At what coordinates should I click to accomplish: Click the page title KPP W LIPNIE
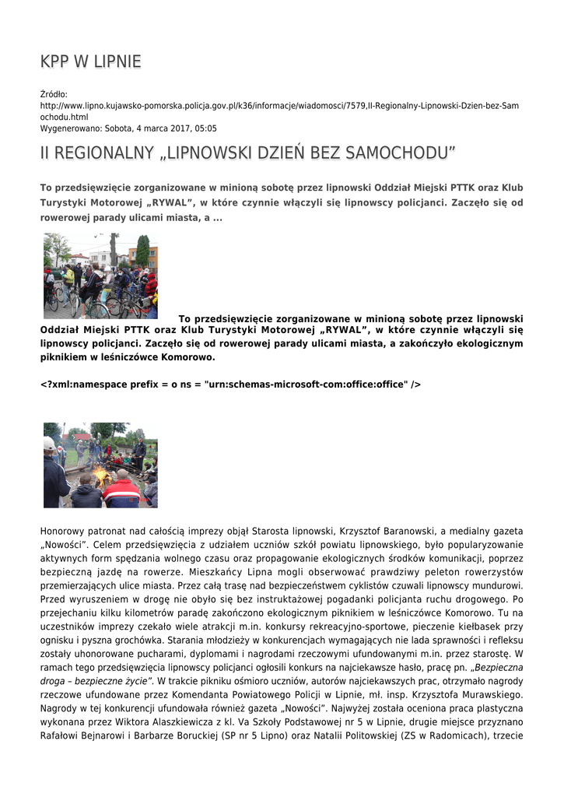90,61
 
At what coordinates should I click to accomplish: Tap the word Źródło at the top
54,94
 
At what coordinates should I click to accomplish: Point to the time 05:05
206,128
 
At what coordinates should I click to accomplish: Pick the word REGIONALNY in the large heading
103,153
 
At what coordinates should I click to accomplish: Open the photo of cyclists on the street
100,276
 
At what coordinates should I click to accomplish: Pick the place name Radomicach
449,736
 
